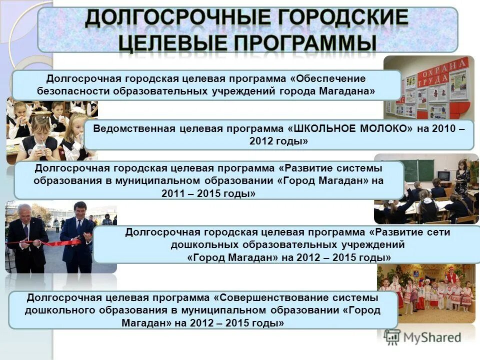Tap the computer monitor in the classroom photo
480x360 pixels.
tap(443, 177)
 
